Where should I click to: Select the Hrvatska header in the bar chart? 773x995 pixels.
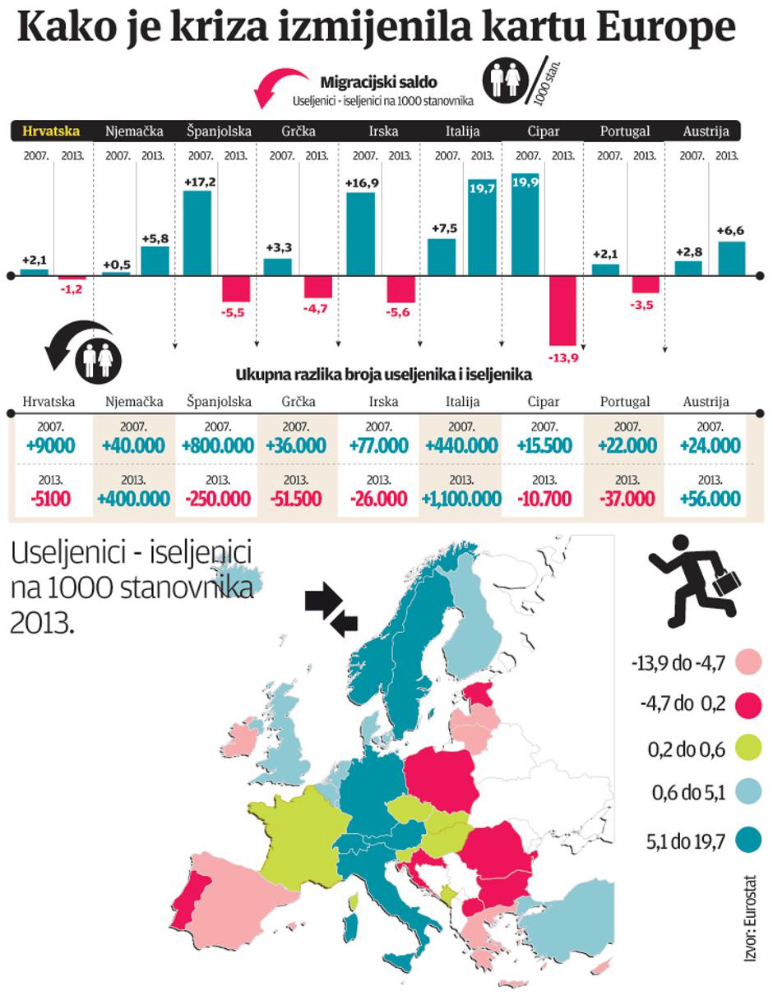tap(51, 131)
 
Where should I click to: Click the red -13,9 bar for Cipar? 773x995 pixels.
tap(563, 311)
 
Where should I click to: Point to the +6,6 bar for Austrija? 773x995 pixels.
tap(731, 258)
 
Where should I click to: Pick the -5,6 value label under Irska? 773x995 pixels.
tap(401, 312)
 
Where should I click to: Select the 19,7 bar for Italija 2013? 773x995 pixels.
tap(483, 228)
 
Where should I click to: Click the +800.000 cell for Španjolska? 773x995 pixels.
tap(218, 446)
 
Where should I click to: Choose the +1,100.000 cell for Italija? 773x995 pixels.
tap(463, 498)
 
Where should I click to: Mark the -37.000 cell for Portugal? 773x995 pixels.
tap(627, 498)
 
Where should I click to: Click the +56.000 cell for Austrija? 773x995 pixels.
tap(710, 498)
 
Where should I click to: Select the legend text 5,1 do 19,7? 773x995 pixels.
tap(682, 841)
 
